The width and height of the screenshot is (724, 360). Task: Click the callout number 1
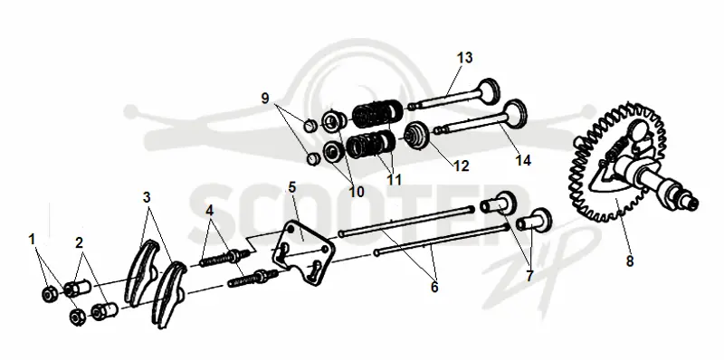tap(32, 240)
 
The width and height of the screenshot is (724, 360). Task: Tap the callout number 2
tap(80, 242)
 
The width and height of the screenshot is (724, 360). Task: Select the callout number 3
tap(147, 197)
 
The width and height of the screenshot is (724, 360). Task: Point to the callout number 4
tap(210, 211)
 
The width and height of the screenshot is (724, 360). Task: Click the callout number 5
tap(291, 187)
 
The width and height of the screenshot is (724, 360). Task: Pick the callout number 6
tap(434, 287)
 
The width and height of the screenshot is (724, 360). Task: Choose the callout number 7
tap(529, 276)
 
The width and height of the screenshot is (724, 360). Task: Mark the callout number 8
tap(630, 261)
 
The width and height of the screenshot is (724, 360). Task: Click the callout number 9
tap(265, 99)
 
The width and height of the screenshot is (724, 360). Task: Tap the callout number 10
tap(356, 192)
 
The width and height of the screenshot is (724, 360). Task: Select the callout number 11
tap(394, 179)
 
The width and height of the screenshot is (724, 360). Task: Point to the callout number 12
tap(462, 166)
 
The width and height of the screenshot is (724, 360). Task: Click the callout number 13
tap(465, 58)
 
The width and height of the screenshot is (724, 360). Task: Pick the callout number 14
tap(523, 161)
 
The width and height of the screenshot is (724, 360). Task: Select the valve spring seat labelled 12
tap(417, 136)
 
